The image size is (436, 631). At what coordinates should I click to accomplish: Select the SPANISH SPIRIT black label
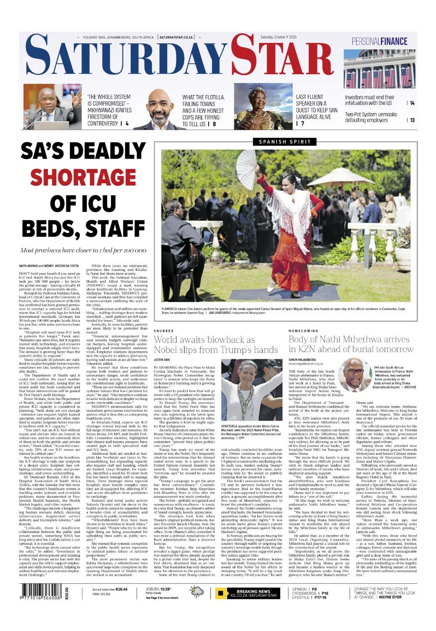click(x=285, y=142)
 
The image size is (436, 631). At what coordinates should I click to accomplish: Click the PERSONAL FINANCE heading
click(x=380, y=41)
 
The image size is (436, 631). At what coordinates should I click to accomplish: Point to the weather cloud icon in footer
click(x=197, y=593)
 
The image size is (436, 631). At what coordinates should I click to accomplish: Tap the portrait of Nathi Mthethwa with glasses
click(x=354, y=374)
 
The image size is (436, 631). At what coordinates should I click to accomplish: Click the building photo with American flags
click(x=380, y=69)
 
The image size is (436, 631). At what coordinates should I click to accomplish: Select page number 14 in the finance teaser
click(x=412, y=103)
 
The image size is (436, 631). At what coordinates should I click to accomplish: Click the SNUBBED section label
click(x=164, y=331)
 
